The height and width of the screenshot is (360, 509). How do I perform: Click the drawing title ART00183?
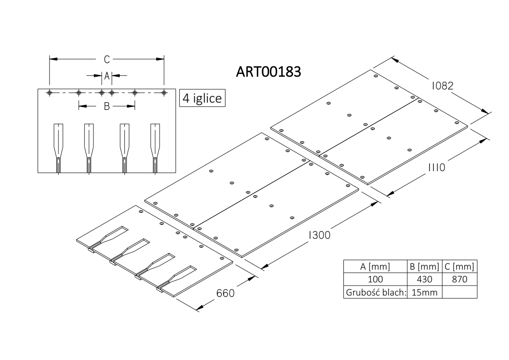269,72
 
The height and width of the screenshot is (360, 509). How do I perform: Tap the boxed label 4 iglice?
202,98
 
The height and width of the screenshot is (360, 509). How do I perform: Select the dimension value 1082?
442,86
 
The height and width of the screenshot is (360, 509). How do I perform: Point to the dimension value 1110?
436,168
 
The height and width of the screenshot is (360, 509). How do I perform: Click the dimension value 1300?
319,235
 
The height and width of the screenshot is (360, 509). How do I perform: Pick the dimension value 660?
225,293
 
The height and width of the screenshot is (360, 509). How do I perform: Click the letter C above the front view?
107,59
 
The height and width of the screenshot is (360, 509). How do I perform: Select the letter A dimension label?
107,76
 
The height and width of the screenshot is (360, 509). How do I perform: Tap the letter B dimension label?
107,106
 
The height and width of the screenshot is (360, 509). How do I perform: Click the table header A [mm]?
375,267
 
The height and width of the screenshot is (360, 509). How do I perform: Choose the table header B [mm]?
424,267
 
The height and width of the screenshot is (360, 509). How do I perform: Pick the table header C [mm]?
460,267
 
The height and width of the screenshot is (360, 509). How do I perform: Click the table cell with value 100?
375,279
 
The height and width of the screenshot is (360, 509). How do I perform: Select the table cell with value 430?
424,279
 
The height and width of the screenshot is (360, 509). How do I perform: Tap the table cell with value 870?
460,279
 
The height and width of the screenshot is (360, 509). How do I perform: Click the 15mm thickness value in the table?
424,292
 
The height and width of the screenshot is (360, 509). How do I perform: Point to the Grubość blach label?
376,292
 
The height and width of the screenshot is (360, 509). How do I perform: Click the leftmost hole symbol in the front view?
49,93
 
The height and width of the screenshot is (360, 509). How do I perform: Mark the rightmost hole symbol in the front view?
164,93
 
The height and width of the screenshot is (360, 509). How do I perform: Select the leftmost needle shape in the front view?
58,148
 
